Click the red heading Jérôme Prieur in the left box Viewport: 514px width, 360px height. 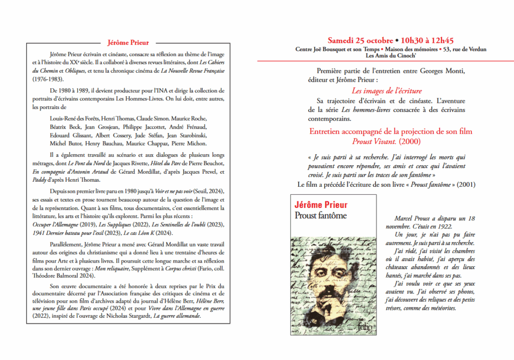(128, 43)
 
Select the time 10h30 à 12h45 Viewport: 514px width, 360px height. (428, 40)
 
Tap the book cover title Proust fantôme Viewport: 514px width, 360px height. (320, 216)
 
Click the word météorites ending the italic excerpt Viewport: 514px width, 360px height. (441, 308)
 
